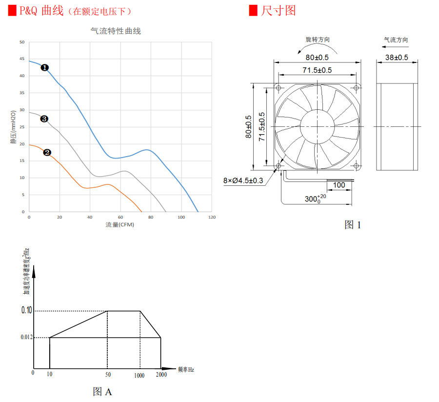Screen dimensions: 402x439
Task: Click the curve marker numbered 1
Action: click(44, 68)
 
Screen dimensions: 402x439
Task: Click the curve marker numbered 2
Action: click(47, 152)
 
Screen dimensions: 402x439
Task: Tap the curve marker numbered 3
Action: click(44, 119)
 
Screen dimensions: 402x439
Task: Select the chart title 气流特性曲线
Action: click(116, 31)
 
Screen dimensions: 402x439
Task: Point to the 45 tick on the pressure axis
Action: click(21, 59)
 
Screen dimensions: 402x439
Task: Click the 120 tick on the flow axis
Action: click(211, 217)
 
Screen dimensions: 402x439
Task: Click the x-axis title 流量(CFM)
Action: click(120, 225)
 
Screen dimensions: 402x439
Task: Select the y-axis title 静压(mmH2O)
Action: click(13, 127)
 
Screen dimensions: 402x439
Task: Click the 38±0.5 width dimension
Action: click(397, 57)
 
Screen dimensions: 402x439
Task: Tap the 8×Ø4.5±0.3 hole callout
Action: click(243, 181)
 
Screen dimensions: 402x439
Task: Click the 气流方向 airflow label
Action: click(396, 40)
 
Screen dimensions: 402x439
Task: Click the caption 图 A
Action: click(102, 392)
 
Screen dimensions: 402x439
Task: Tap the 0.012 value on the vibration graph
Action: click(27, 337)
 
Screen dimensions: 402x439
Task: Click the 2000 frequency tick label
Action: click(161, 375)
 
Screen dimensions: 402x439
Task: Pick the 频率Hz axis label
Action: click(186, 370)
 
